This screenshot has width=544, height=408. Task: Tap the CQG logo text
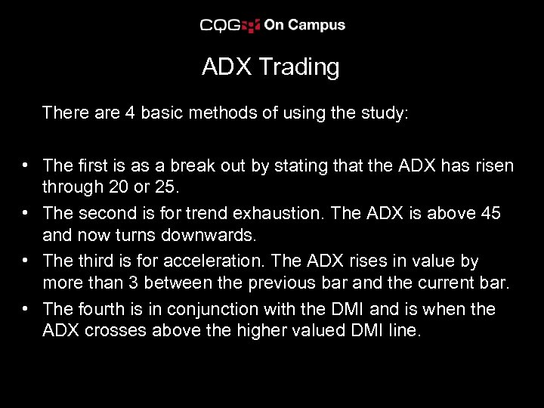(x=220, y=25)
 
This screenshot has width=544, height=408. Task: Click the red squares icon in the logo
(x=252, y=26)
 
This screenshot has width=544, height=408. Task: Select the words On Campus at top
(x=304, y=25)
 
